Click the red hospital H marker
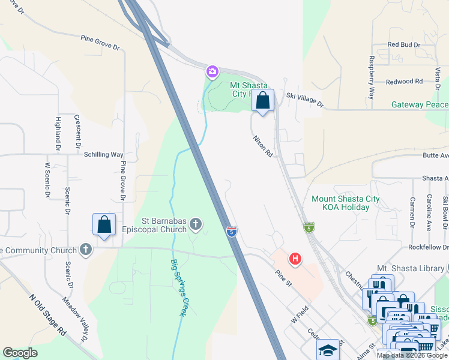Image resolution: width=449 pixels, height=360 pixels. tap(295, 259)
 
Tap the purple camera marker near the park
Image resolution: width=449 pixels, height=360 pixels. tap(212, 72)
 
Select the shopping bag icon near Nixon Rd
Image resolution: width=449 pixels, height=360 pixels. tap(262, 101)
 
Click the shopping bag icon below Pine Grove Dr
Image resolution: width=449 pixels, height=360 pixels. tap(104, 225)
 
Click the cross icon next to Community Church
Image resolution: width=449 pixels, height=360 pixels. tap(86, 250)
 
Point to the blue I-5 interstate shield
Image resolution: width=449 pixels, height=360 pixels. tap(231, 231)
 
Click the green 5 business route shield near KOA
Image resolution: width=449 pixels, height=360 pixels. tap(309, 227)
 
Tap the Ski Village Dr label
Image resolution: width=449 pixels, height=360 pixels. tap(305, 100)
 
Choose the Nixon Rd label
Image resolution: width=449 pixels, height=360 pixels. tap(263, 146)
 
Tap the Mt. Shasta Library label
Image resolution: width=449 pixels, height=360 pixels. tap(412, 268)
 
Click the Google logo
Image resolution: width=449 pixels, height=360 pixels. tap(20, 353)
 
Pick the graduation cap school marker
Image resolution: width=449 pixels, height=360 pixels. tap(328, 350)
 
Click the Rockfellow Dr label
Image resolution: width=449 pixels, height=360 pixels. tap(426, 247)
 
